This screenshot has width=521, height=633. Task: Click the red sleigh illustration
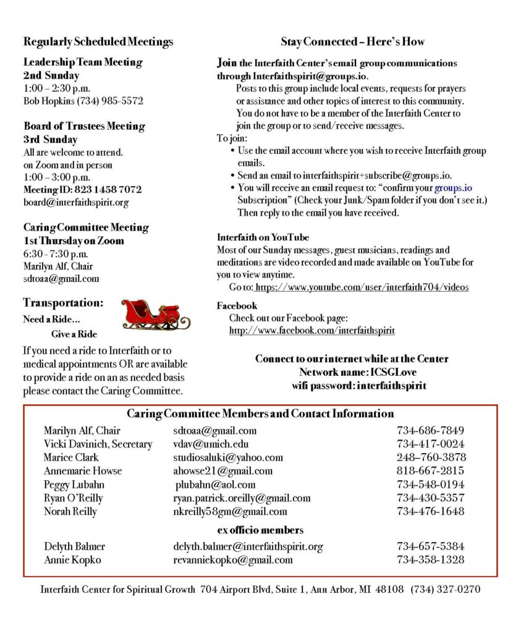[x=155, y=314]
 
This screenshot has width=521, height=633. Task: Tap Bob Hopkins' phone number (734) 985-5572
[x=114, y=101]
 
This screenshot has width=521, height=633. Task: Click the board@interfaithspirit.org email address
[x=76, y=202]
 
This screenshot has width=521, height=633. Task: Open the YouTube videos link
[x=362, y=287]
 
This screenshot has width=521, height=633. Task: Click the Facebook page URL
[x=311, y=331]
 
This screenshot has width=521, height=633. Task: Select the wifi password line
[x=359, y=386]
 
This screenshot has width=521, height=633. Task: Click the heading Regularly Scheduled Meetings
[x=98, y=42]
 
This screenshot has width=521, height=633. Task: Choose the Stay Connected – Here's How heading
[x=352, y=42]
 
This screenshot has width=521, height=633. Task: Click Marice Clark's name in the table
[x=71, y=457]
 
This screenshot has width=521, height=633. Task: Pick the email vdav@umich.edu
[x=211, y=444]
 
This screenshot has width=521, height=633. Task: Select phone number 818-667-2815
[x=430, y=471]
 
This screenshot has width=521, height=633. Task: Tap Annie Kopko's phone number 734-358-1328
[x=430, y=560]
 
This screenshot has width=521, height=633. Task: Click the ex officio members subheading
[x=260, y=530]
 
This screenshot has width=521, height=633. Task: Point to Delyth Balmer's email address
[x=248, y=546]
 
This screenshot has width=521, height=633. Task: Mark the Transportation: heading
[x=63, y=303]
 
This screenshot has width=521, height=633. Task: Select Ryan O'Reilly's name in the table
[x=74, y=498]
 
